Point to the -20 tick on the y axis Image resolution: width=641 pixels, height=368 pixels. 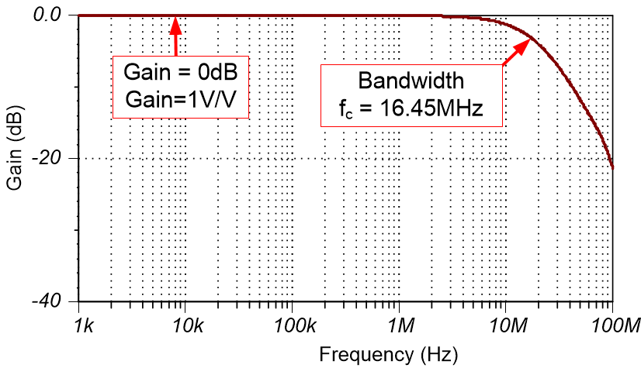[x=55, y=158]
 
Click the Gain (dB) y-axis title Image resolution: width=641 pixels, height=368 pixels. [x=17, y=157]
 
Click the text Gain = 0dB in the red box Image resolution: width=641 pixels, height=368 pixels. [x=180, y=74]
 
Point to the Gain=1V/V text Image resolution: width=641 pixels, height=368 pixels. [x=180, y=101]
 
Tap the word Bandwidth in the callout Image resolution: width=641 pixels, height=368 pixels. [x=411, y=81]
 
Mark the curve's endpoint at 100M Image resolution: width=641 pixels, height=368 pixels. [x=612, y=167]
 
